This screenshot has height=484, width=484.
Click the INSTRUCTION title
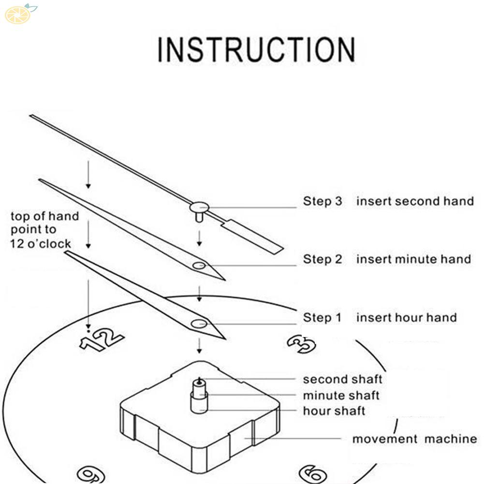(256, 49)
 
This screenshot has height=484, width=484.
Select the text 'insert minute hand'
(413, 259)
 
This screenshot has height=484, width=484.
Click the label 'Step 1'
(322, 318)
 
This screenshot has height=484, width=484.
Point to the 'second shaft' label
(342, 380)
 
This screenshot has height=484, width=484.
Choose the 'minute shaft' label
(341, 396)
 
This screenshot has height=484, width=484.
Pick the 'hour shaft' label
(334, 411)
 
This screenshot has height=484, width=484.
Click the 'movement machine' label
(414, 439)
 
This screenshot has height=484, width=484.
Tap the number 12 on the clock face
(102, 339)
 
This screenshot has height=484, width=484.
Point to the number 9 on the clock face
(91, 474)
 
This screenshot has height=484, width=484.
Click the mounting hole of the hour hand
(198, 324)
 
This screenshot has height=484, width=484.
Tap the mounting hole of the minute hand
(199, 265)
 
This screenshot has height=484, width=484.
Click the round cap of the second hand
(199, 207)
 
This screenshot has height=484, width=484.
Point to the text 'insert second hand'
(415, 201)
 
